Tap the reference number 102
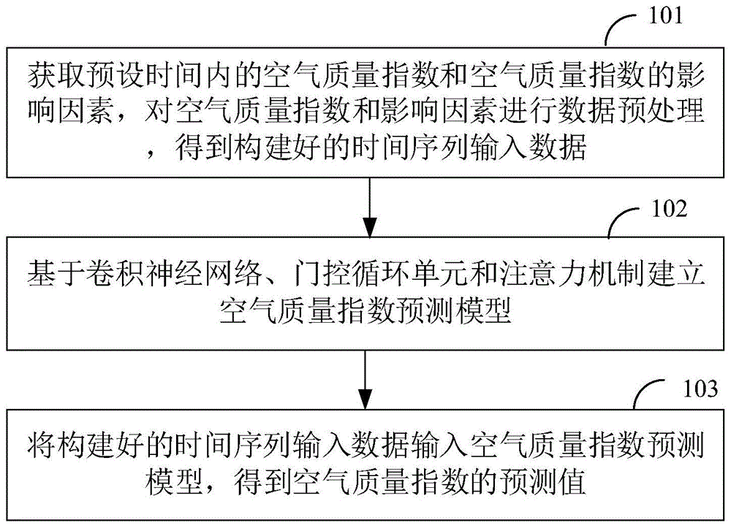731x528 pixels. coord(667,210)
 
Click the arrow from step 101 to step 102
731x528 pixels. coord(371,204)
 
